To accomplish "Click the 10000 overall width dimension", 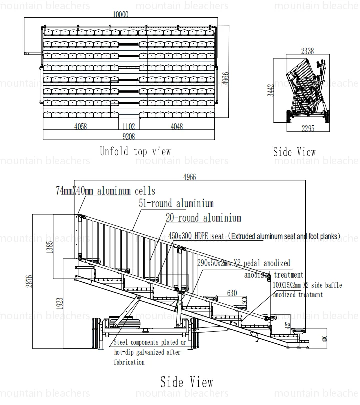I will [121, 15].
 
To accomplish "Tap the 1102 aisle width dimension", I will [129, 127].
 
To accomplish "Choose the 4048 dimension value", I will [177, 127].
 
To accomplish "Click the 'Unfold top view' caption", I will [135, 151].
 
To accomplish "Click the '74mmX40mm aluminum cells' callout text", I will [105, 191].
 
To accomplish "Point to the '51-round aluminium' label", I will [176, 203].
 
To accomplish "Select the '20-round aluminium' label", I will [203, 218].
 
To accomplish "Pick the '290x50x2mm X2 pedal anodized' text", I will [243, 263].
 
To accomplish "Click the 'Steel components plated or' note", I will [150, 343].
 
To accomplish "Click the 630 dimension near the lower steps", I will [232, 293].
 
